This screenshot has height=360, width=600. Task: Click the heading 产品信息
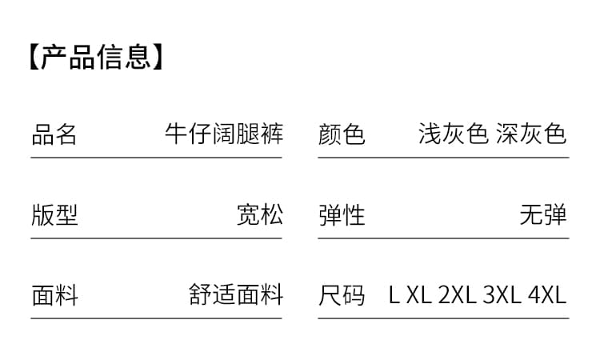pyautogui.click(x=96, y=57)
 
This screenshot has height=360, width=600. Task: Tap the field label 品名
pyautogui.click(x=54, y=134)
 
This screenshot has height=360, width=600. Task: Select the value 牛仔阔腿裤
pyautogui.click(x=224, y=134)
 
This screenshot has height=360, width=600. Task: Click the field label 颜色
pyautogui.click(x=342, y=134)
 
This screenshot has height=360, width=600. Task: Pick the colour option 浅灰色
pyautogui.click(x=454, y=134)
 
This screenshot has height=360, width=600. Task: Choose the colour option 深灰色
pyautogui.click(x=531, y=134)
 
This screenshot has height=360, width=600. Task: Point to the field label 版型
pyautogui.click(x=54, y=215)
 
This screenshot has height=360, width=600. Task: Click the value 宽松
pyautogui.click(x=260, y=214)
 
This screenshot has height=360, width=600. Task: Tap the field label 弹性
pyautogui.click(x=342, y=215)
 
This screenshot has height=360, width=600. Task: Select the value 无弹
pyautogui.click(x=543, y=214)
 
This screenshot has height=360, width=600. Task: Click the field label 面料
pyautogui.click(x=54, y=295)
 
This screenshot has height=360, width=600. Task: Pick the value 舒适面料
pyautogui.click(x=236, y=294)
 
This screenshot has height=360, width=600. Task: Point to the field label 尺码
pyautogui.click(x=342, y=295)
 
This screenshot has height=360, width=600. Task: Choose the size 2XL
pyautogui.click(x=458, y=295)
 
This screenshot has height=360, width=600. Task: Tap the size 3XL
pyautogui.click(x=502, y=295)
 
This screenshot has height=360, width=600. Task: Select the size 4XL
pyautogui.click(x=547, y=295)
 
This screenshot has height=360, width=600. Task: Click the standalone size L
pyautogui.click(x=394, y=295)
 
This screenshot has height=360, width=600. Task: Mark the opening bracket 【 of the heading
pyautogui.click(x=34, y=57)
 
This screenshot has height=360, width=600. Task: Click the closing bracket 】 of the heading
pyautogui.click(x=158, y=57)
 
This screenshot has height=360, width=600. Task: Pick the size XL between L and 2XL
pyautogui.click(x=419, y=295)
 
